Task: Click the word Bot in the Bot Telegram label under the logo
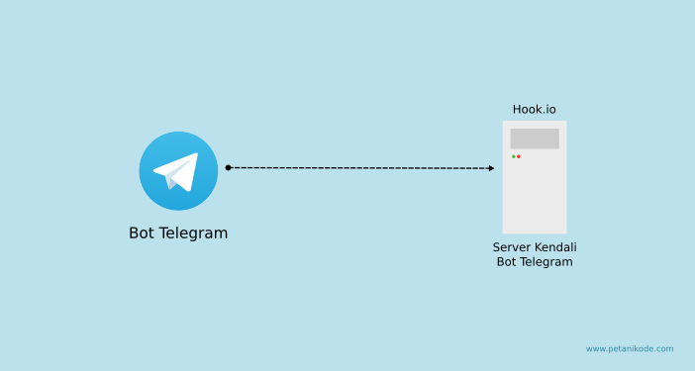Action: click(142, 233)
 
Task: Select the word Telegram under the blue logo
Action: click(194, 233)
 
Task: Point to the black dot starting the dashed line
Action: click(228, 167)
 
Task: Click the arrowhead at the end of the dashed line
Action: click(491, 168)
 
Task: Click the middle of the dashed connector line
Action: click(360, 168)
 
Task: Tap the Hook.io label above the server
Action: click(534, 109)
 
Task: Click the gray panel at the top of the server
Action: click(535, 139)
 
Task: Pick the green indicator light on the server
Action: click(513, 156)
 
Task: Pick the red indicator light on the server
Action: click(518, 156)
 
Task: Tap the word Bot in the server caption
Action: click(506, 262)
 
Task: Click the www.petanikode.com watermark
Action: click(630, 348)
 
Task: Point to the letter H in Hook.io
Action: click(517, 109)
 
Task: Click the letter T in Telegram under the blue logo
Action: click(164, 233)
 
